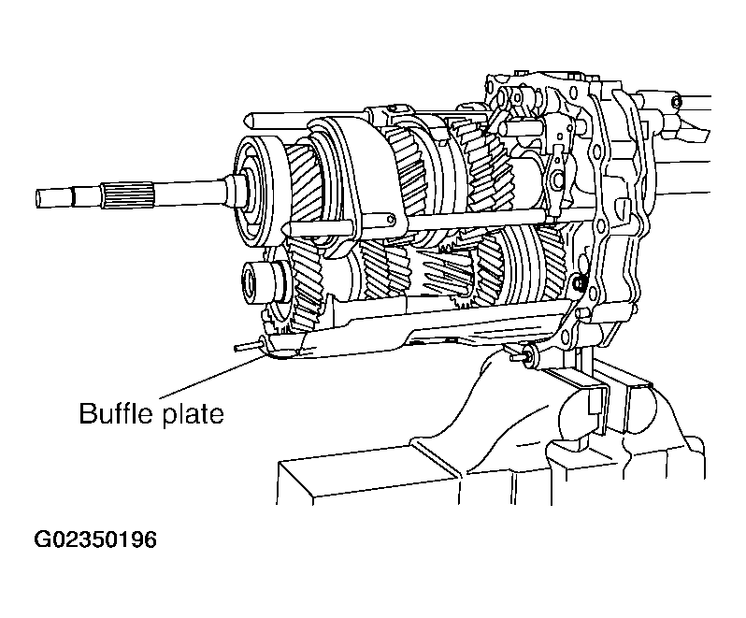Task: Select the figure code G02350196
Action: tap(95, 539)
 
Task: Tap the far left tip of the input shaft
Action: tap(37, 198)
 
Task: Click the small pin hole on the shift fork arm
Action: tap(391, 220)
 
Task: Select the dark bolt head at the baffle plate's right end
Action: tap(579, 284)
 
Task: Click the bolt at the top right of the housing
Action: tap(676, 101)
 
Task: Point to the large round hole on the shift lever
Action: tap(555, 180)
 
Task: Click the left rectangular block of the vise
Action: tap(368, 476)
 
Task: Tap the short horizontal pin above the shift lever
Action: tap(520, 127)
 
